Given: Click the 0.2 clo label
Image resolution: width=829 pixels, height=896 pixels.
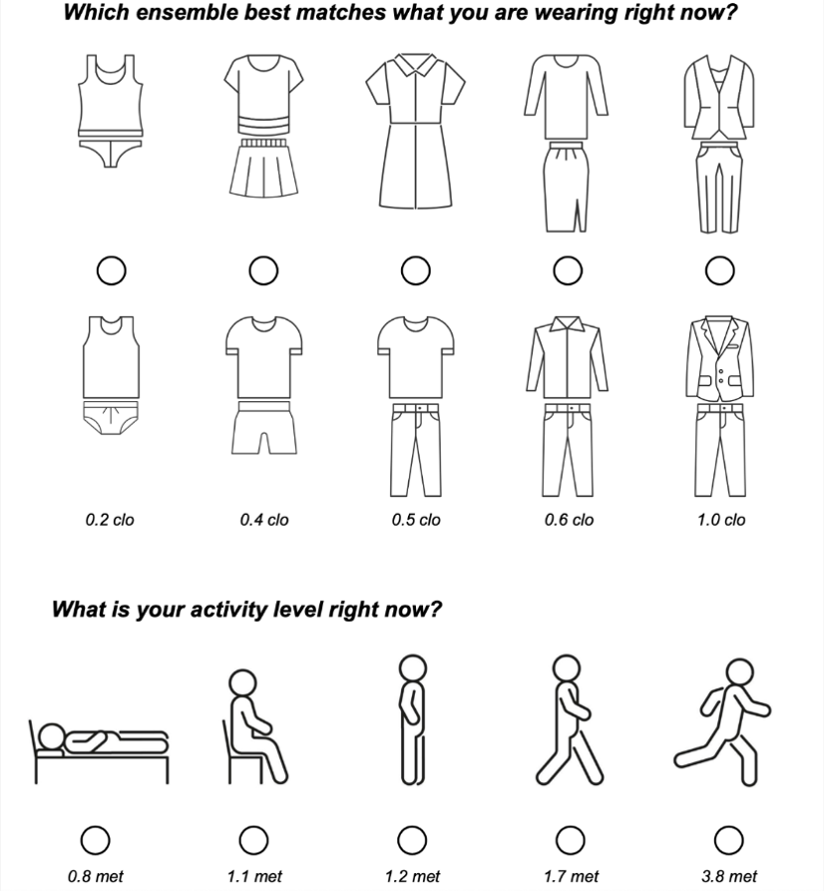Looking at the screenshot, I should click(x=110, y=520).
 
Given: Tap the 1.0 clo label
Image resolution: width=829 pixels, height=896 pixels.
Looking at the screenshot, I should click(x=720, y=520).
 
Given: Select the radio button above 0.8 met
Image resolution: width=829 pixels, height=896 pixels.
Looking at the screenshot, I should click(x=96, y=841).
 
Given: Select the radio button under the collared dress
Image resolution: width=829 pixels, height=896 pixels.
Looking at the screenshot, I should click(x=415, y=269).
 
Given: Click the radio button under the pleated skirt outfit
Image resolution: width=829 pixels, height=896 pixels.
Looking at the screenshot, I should click(x=263, y=269).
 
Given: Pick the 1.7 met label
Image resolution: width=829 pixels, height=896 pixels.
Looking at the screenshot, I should click(x=572, y=877).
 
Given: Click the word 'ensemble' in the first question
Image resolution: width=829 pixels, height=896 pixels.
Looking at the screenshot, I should click(x=185, y=15).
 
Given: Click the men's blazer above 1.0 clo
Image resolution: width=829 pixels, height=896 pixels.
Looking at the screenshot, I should click(x=719, y=359).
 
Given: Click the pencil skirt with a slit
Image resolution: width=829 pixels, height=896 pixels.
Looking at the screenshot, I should click(x=567, y=187).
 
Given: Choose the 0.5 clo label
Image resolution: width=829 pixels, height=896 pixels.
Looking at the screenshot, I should click(x=415, y=520).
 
